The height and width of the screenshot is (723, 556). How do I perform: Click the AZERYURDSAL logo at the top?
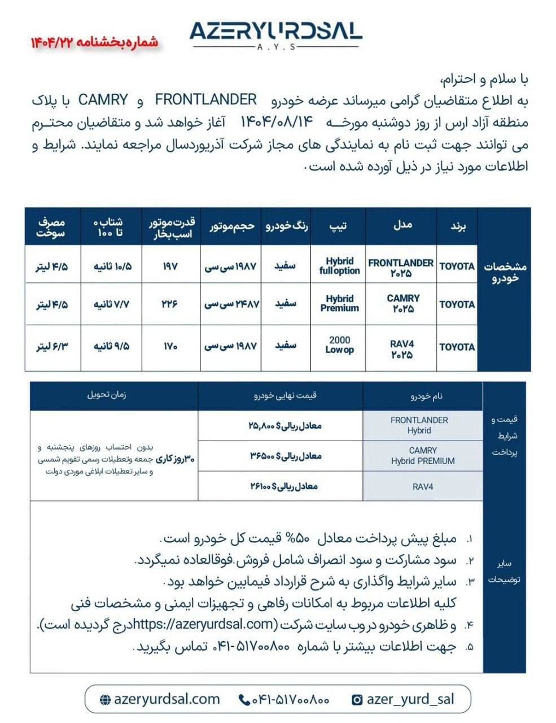(275, 33)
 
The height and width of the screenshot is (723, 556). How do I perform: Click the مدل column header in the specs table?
(402, 225)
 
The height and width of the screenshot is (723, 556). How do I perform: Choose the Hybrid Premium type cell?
(339, 303)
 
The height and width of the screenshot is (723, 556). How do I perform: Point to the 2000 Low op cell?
(339, 345)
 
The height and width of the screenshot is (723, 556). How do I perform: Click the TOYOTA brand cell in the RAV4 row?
(457, 346)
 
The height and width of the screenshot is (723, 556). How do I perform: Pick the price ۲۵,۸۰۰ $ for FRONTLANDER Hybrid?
(285, 425)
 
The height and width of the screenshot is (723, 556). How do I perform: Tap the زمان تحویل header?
(107, 395)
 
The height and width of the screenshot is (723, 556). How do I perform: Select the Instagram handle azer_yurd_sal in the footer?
(410, 699)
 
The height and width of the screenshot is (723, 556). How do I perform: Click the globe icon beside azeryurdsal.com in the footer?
(105, 700)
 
